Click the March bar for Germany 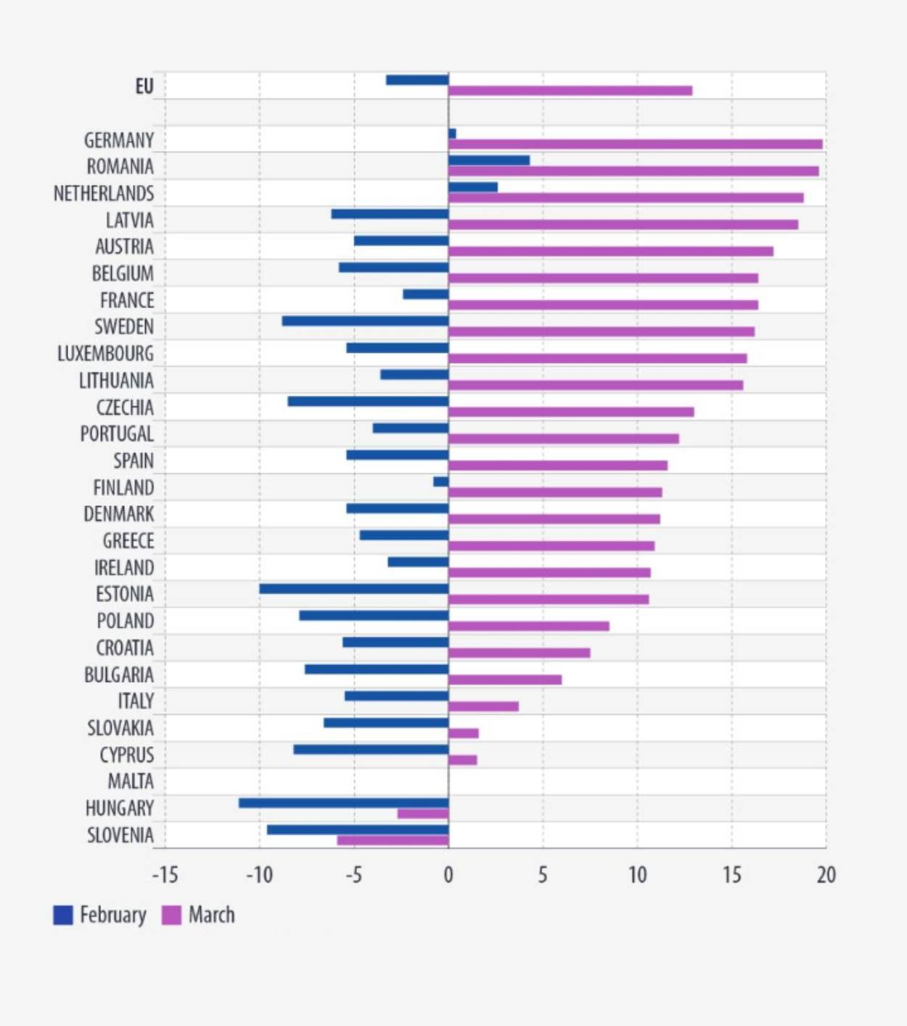coord(635,144)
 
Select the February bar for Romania coord(489,160)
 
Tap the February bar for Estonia coord(354,589)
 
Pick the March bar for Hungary coord(423,813)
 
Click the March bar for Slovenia coord(393,840)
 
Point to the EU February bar coord(417,80)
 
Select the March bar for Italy coord(483,707)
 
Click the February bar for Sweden coord(365,321)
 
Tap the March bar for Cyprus coord(462,760)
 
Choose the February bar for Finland coord(440,481)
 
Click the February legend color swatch coord(63,915)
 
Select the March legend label coord(211,915)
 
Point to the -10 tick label coord(259,875)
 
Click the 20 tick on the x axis coord(826,875)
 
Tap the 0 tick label coord(448,875)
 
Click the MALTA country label coord(131,781)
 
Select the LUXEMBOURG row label coord(106,354)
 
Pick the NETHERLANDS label coord(104,193)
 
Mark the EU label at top coord(144,86)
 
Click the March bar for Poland coord(528,626)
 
